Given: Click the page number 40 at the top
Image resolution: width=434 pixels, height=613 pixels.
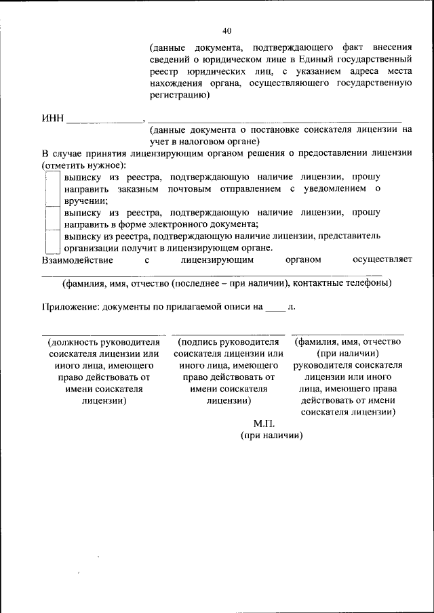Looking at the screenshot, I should (x=226, y=30).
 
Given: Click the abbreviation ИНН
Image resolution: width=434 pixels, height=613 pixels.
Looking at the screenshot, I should (x=53, y=119).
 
